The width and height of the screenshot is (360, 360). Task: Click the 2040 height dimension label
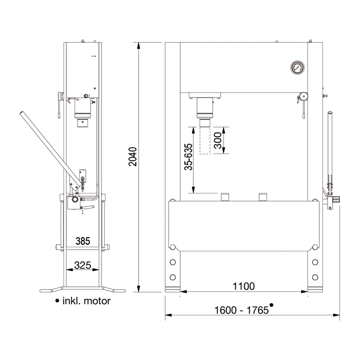133,156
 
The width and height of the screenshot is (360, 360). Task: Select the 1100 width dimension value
244,286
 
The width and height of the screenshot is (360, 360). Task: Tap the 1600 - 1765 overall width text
241,310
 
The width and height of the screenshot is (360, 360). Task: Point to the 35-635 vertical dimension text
188,157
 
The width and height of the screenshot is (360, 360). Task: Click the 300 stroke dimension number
218,140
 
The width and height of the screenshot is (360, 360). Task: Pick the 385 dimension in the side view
83,241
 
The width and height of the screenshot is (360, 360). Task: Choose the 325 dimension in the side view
83,266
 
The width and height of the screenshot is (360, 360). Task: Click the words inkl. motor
86,301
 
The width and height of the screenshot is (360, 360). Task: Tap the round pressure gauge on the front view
298,68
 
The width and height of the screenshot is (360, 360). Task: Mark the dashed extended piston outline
205,141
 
